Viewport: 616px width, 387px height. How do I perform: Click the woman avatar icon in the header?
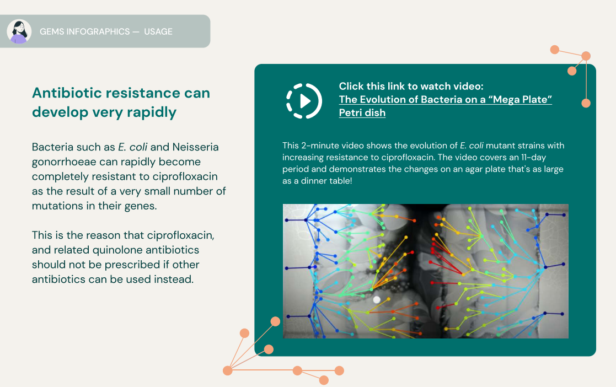19,31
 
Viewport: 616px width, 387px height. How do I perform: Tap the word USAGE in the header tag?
158,32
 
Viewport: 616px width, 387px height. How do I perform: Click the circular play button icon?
304,101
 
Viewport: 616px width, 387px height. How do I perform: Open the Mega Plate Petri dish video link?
445,100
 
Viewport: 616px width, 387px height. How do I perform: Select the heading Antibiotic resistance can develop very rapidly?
121,103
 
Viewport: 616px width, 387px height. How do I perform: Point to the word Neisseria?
195,148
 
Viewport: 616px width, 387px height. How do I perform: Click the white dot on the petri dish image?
377,299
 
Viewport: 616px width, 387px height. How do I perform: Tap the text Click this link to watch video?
411,86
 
